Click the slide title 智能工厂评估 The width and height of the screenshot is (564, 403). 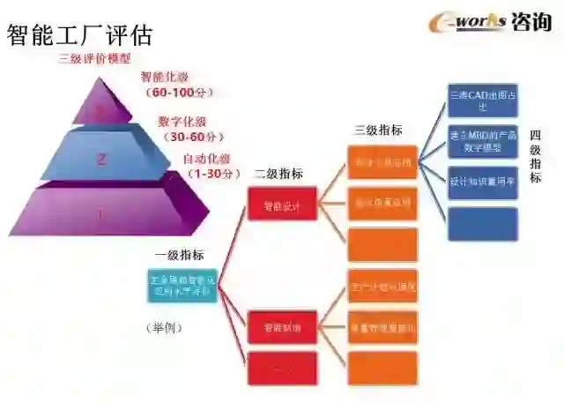coord(80,34)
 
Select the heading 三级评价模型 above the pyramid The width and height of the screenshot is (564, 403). coord(94,59)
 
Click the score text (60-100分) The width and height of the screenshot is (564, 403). coord(182,92)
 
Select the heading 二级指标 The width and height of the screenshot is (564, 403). coord(278,174)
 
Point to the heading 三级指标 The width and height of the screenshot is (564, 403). coord(378,130)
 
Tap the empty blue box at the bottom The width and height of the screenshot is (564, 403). coord(482,223)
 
